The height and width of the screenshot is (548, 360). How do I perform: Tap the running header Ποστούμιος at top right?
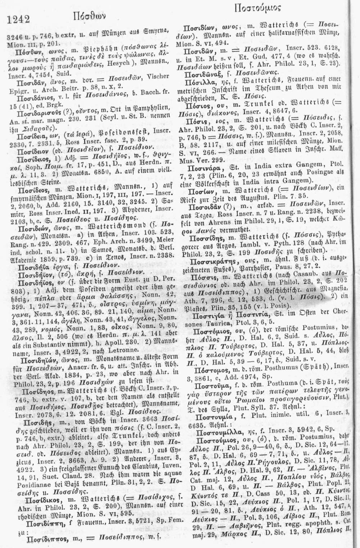point(257,8)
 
